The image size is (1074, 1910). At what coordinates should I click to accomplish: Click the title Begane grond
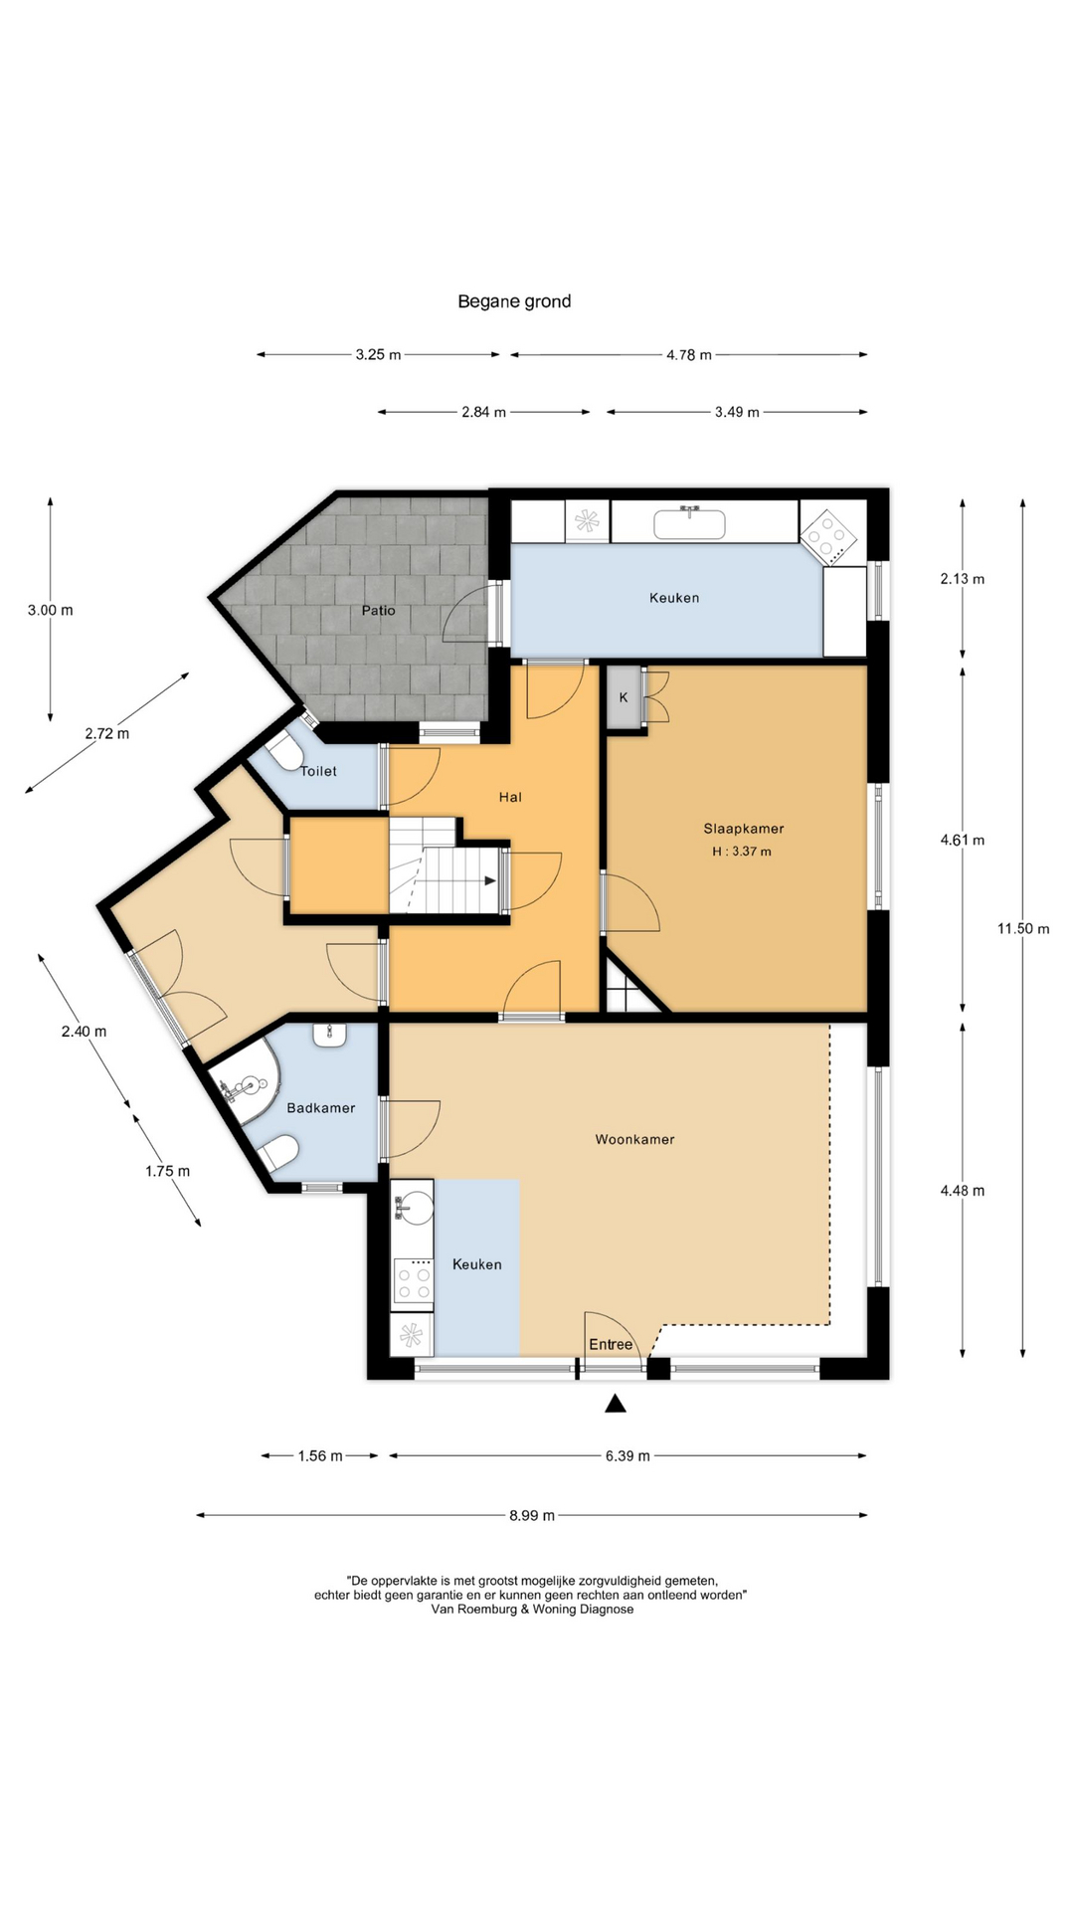point(514,301)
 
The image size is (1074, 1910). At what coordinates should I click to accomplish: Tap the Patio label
point(378,610)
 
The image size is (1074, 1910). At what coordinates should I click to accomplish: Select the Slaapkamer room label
point(744,828)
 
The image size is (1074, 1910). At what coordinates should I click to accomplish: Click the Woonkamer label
point(634,1139)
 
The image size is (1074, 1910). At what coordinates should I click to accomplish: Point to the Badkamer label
point(320,1107)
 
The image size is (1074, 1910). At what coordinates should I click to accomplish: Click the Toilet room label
point(318,771)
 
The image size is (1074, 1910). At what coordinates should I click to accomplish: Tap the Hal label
point(510,797)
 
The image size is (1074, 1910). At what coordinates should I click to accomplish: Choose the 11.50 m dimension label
point(1023,928)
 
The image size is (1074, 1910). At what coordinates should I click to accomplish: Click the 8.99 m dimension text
point(532,1515)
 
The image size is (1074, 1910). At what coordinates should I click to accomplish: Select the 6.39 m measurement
point(627,1455)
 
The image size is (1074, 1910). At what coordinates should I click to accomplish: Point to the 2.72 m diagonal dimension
point(107,733)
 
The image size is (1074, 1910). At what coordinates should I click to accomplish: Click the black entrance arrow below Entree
point(616,1404)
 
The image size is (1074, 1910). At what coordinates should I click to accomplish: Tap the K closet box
point(624,697)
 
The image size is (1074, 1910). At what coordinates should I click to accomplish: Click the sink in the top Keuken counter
point(689,523)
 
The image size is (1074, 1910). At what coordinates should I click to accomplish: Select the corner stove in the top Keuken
point(828,537)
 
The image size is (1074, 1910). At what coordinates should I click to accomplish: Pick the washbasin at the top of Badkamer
point(329,1035)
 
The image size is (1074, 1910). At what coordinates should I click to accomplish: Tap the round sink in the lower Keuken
point(415,1207)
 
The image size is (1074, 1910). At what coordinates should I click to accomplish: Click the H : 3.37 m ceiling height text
point(742,852)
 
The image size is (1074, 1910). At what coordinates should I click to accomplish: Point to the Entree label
point(611,1344)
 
